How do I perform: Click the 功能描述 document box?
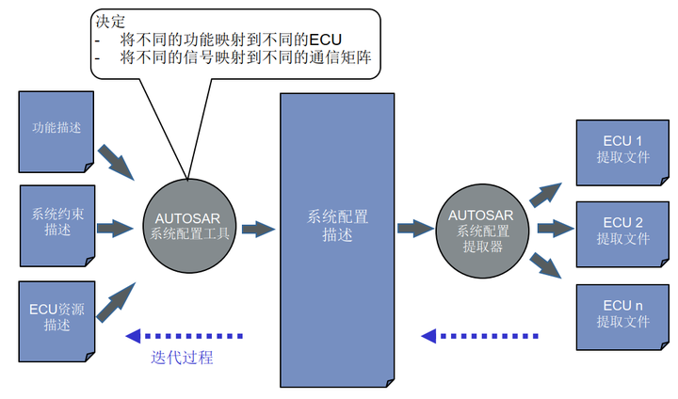click(56, 132)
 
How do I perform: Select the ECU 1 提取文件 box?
click(622, 151)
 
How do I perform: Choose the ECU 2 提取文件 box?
click(622, 231)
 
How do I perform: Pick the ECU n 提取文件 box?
click(622, 313)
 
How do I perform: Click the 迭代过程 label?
click(182, 358)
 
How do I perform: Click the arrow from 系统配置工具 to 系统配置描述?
click(257, 227)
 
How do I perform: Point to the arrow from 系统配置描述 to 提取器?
click(414, 227)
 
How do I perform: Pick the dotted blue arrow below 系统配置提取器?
click(480, 335)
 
